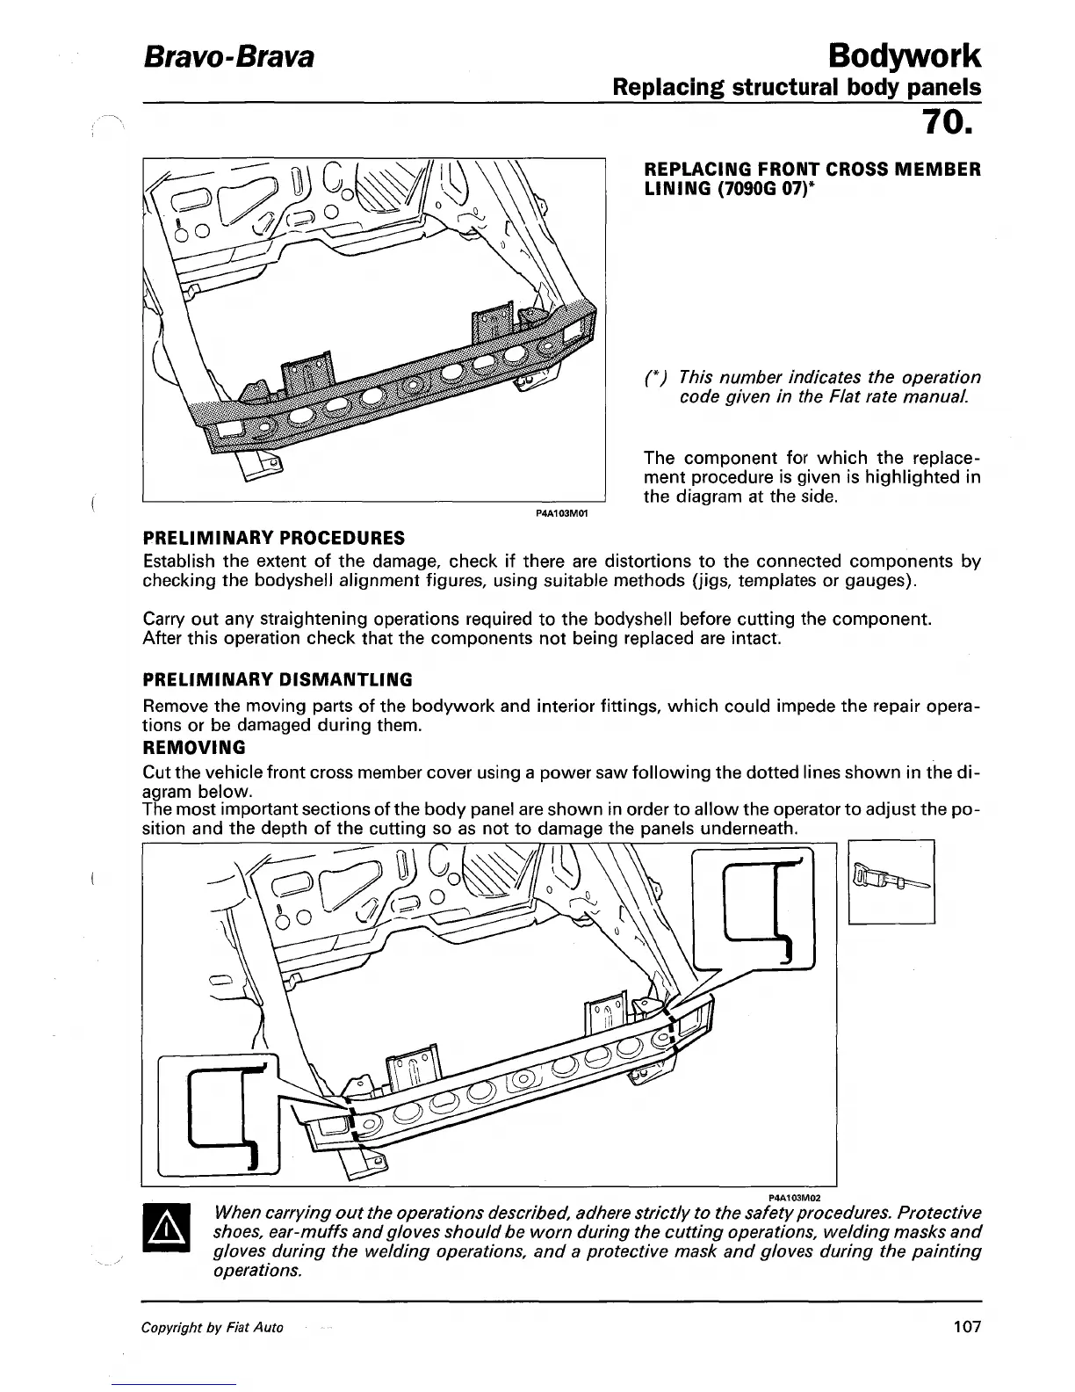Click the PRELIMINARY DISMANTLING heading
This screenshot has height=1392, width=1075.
pos(277,679)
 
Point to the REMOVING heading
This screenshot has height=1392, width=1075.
pos(194,748)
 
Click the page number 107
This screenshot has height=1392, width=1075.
pos(966,1327)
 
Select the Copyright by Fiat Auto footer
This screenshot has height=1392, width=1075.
pos(213,1328)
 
